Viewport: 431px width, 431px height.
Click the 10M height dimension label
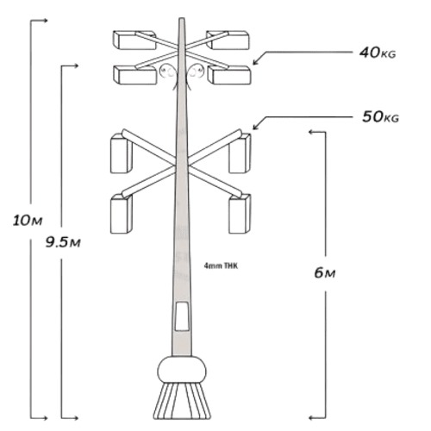(28, 221)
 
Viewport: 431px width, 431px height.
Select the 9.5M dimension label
(63, 243)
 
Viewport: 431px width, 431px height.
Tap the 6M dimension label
(325, 272)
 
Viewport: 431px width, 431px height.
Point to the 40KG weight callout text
(378, 53)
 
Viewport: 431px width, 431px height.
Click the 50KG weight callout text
(380, 117)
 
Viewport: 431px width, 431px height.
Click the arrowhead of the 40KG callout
(256, 62)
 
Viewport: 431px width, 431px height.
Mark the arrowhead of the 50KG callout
(256, 127)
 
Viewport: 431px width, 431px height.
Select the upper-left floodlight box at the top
(134, 40)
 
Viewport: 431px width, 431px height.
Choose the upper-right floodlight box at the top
(228, 40)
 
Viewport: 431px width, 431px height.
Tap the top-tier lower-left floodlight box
(135, 75)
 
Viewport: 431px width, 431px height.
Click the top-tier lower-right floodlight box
(229, 75)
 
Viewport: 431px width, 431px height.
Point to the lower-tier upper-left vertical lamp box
(122, 153)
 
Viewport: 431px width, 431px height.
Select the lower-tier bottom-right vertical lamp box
(240, 214)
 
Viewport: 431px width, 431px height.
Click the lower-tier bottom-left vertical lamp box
(122, 214)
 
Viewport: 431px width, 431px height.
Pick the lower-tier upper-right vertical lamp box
(240, 153)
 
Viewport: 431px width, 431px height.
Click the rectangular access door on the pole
(182, 316)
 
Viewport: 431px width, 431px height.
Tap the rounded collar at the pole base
(182, 370)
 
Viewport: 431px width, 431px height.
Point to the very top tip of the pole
(182, 18)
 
